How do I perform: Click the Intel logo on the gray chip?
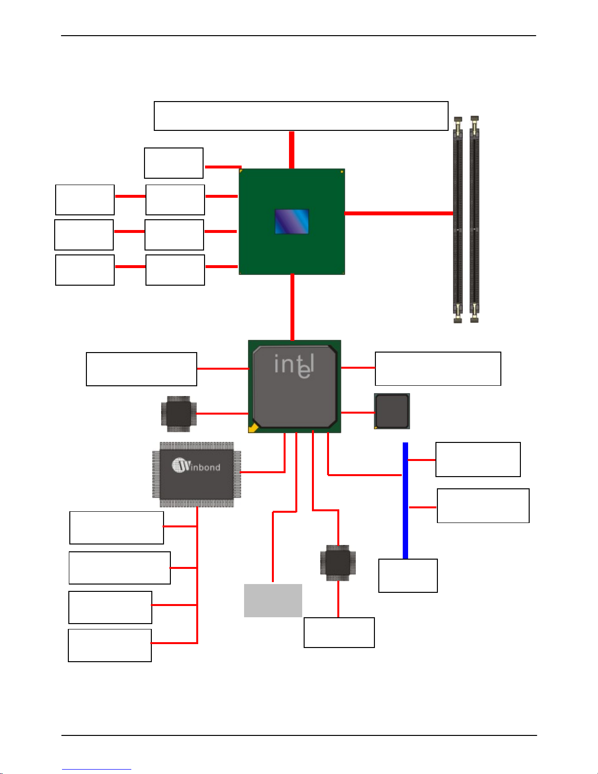pyautogui.click(x=294, y=366)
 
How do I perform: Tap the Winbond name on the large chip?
pyautogui.click(x=196, y=465)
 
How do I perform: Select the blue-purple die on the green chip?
pyautogui.click(x=291, y=222)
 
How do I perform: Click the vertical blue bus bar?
pyautogui.click(x=405, y=501)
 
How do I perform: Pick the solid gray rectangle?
pyautogui.click(x=273, y=601)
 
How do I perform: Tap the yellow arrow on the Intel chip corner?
pyautogui.click(x=253, y=427)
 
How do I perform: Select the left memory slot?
pyautogui.click(x=458, y=219)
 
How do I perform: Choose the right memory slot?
pyautogui.click(x=474, y=219)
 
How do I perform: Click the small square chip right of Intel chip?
pyautogui.click(x=392, y=411)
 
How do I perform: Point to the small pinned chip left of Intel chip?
pyautogui.click(x=179, y=414)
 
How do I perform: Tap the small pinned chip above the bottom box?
pyautogui.click(x=338, y=563)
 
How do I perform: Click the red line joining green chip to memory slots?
pyautogui.click(x=399, y=213)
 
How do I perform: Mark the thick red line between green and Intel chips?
pyautogui.click(x=292, y=307)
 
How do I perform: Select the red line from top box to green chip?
pyautogui.click(x=291, y=150)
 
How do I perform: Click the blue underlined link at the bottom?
pyautogui.click(x=97, y=770)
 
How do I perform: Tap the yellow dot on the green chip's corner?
pyautogui.click(x=342, y=172)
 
